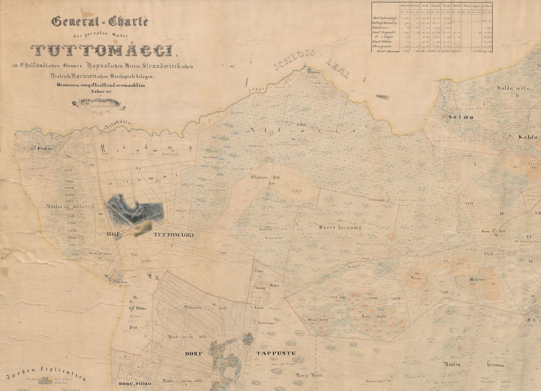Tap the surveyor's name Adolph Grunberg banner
99,102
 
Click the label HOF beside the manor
114,235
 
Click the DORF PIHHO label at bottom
135,384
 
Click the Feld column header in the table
425,6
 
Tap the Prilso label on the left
42,148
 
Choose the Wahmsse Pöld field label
263,177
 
